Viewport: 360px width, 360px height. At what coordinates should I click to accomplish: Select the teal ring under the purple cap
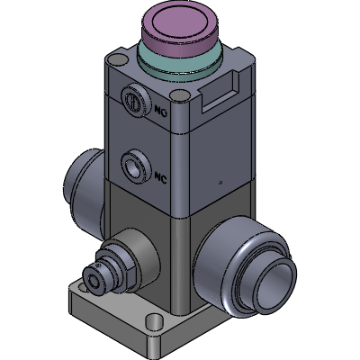click(x=180, y=65)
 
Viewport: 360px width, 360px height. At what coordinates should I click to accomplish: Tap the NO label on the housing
click(x=161, y=112)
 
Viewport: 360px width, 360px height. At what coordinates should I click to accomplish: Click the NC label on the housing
click(x=160, y=178)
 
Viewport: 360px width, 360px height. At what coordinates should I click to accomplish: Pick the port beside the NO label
click(x=136, y=100)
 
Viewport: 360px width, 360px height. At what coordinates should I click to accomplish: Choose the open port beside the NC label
click(x=136, y=166)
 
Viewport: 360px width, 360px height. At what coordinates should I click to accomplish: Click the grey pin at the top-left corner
click(x=118, y=59)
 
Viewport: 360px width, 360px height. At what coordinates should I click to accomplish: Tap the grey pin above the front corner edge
click(x=179, y=95)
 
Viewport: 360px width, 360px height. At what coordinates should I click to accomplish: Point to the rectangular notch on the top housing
click(x=221, y=92)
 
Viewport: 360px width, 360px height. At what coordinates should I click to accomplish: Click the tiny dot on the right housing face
click(x=220, y=182)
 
